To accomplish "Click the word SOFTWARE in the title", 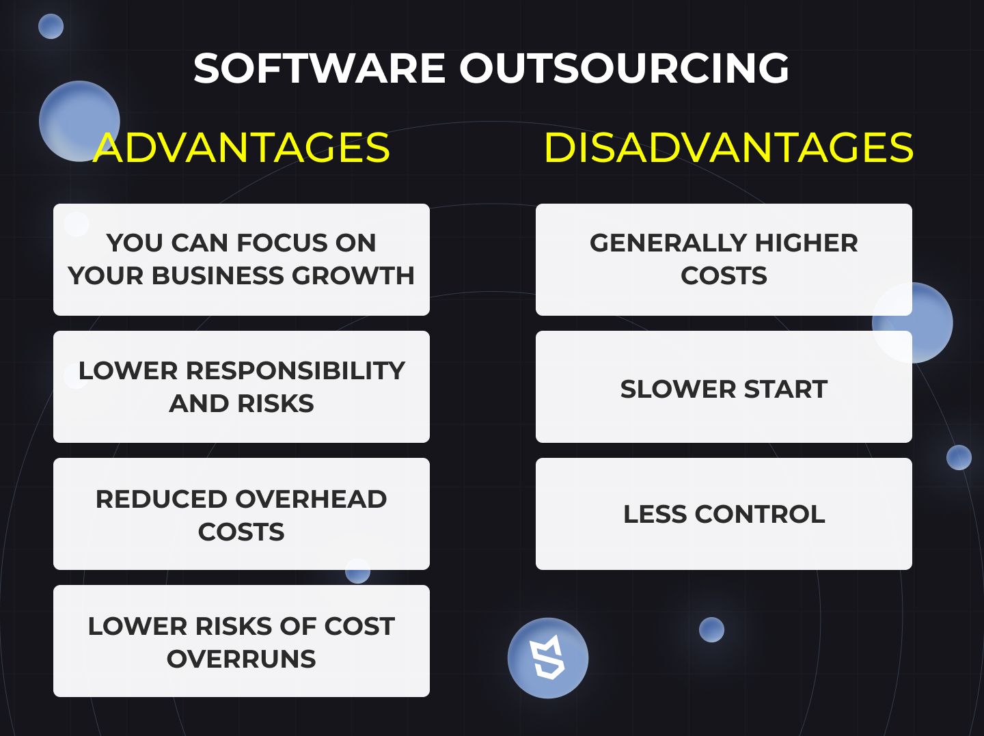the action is coord(319,68).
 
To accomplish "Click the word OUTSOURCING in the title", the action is coord(624,68).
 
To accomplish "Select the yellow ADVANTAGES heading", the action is coord(242,147).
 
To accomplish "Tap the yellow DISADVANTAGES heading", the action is coord(728,147).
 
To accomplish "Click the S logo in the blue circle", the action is coord(547,657).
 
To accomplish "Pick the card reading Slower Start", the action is coord(724,387).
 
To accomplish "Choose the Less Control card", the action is coord(724,514).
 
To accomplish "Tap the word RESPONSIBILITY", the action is coord(295,370).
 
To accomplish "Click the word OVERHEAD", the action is coord(311,499).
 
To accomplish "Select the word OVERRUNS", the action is coord(241,659).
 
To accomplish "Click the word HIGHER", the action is coord(806,243).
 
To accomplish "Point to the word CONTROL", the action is coord(760,514).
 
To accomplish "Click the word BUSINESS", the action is coord(218,275).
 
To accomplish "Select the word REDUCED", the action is coord(161,499).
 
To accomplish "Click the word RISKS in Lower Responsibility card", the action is coord(275,403).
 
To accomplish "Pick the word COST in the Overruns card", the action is coord(359,626).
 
